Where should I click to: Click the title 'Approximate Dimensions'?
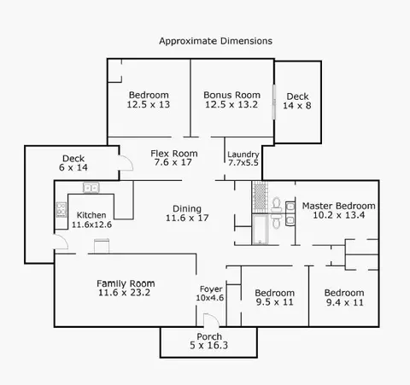pyautogui.click(x=215, y=41)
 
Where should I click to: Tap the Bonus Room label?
pyautogui.click(x=231, y=95)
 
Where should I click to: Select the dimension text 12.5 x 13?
pyautogui.click(x=149, y=104)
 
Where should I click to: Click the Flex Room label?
pyautogui.click(x=174, y=154)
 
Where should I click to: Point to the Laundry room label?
pyautogui.click(x=243, y=155)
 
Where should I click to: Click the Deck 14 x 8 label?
pyautogui.click(x=297, y=101)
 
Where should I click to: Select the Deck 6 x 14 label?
pyautogui.click(x=73, y=163)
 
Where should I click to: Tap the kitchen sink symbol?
pyautogui.click(x=91, y=188)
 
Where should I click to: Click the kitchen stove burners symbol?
pyautogui.click(x=61, y=209)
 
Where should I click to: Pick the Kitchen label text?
pyautogui.click(x=91, y=215)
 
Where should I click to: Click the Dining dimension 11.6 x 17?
pyautogui.click(x=187, y=218)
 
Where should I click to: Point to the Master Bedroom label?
pyautogui.click(x=338, y=206)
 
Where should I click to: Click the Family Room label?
pyautogui.click(x=126, y=283)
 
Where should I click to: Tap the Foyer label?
pyautogui.click(x=211, y=289)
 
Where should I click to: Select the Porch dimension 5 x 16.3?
pyautogui.click(x=208, y=346)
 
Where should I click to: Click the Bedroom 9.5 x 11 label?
pyautogui.click(x=274, y=297)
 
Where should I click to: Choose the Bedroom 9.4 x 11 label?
pyautogui.click(x=344, y=297)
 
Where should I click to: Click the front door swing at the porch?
pyautogui.click(x=211, y=320)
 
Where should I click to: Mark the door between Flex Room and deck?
pyautogui.click(x=126, y=163)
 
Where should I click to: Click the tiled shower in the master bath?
pyautogui.click(x=260, y=196)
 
